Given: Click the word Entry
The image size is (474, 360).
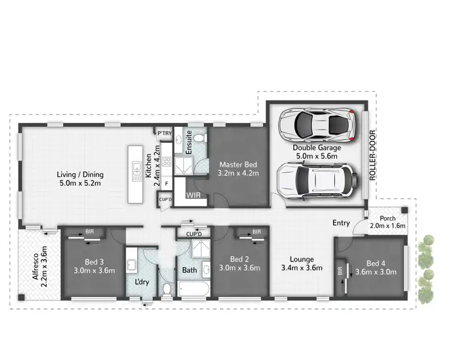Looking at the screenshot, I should [341, 223].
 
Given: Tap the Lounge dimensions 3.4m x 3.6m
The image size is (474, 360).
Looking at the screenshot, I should [301, 267].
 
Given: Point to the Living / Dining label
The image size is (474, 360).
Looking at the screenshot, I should [80, 175].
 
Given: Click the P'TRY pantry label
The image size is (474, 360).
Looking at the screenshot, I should [164, 133].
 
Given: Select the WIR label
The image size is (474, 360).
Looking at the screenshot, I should [193, 196].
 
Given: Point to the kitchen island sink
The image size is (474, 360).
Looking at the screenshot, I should [135, 169].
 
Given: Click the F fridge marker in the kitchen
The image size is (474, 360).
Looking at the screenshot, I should [166, 184].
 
